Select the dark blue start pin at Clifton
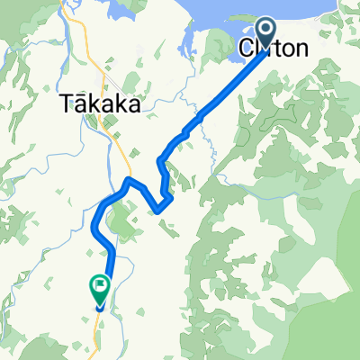coord(268,31)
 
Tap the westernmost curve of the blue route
coord(94,220)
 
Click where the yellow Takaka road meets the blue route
coord(131,179)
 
